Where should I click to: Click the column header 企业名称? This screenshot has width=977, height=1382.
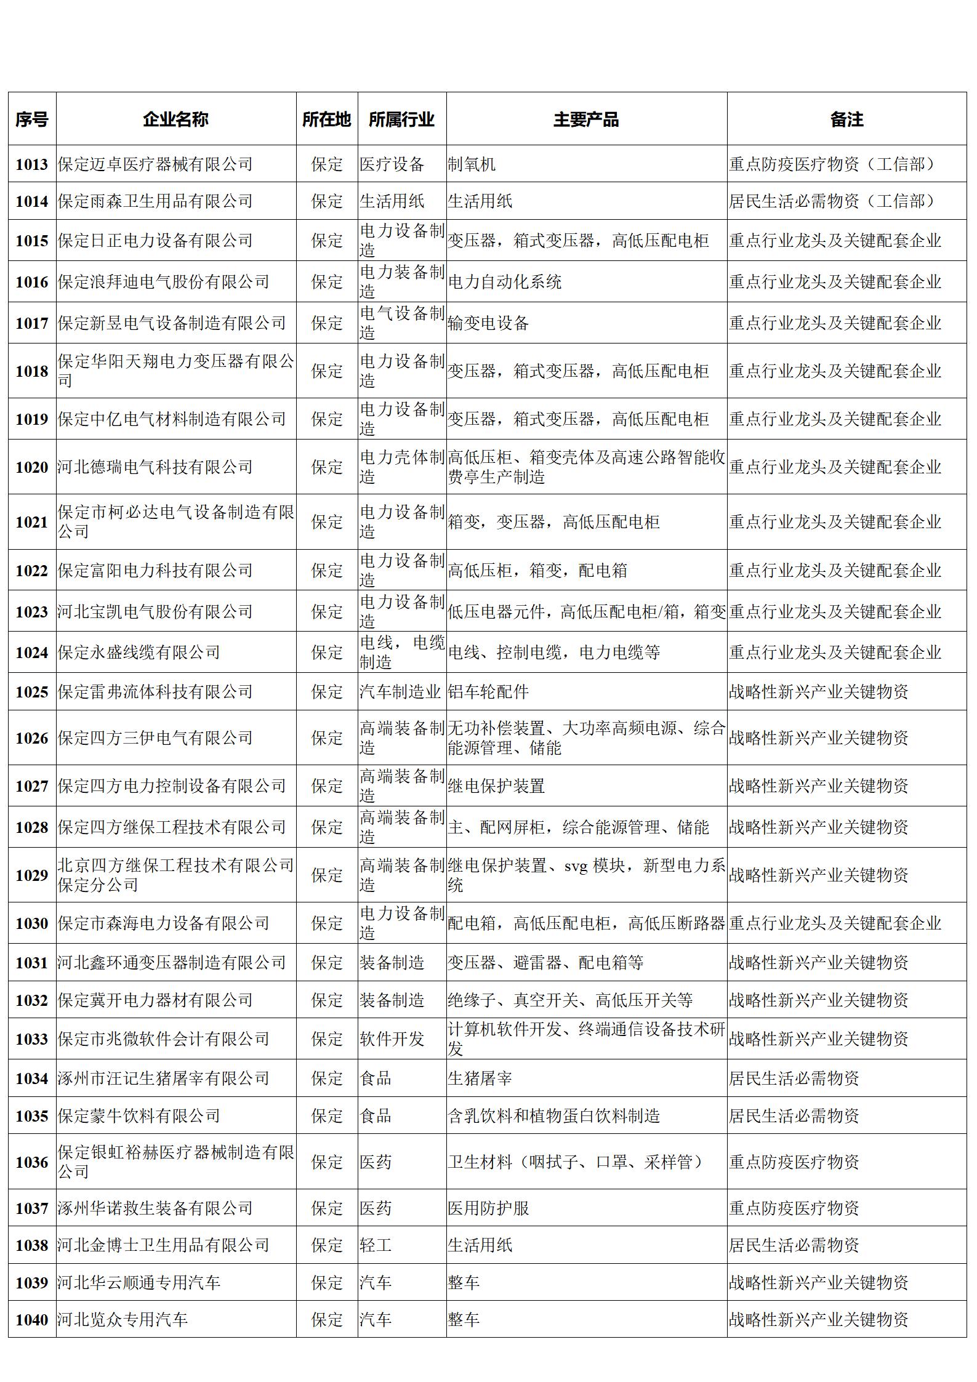tap(175, 119)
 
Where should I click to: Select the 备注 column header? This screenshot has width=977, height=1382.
tap(846, 119)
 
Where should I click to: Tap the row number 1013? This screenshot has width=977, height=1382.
tap(31, 164)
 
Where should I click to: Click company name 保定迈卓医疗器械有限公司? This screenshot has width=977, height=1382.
tap(155, 164)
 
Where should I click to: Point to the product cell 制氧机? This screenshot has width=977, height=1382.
tap(472, 164)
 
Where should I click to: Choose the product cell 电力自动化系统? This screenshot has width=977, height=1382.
tap(504, 282)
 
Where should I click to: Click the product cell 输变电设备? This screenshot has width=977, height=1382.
tap(488, 323)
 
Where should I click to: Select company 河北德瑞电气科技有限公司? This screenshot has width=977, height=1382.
tap(155, 467)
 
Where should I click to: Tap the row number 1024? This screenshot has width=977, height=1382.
tap(31, 653)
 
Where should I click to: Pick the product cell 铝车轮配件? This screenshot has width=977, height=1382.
tap(488, 692)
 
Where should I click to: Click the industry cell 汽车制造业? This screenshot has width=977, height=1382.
tap(400, 692)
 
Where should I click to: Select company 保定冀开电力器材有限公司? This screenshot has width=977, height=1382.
tap(155, 1000)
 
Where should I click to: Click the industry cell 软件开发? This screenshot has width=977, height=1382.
tap(392, 1039)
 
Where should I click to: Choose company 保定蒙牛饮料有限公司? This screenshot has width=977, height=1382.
tap(139, 1116)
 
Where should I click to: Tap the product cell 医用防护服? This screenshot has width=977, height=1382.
tap(488, 1208)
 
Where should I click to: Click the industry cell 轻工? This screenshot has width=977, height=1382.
tap(376, 1245)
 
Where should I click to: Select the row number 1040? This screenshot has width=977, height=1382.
tap(31, 1320)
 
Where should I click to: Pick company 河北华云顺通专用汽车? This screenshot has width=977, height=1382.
tap(139, 1283)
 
